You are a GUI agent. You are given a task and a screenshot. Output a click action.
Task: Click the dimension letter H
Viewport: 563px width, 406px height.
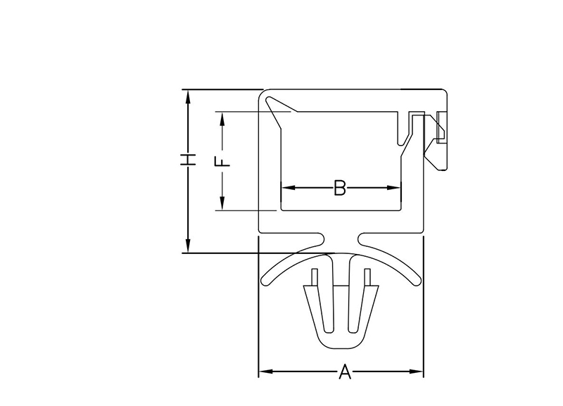(188, 160)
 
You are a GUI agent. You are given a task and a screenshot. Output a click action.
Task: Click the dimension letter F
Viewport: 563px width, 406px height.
(222, 161)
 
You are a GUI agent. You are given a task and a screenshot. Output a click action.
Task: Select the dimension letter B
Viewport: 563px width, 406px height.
(340, 188)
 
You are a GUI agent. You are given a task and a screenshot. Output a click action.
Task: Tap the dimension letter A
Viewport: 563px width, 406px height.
(345, 372)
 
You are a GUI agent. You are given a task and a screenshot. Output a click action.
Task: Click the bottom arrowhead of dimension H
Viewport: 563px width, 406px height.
(187, 246)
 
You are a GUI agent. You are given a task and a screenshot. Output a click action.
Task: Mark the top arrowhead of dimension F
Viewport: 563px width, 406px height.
(222, 119)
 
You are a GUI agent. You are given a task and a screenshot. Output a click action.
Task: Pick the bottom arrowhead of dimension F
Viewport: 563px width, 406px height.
(222, 203)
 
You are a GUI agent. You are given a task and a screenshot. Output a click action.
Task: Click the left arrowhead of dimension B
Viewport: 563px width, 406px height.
(289, 187)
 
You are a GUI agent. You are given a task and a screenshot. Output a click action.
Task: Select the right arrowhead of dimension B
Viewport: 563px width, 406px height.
(393, 187)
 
